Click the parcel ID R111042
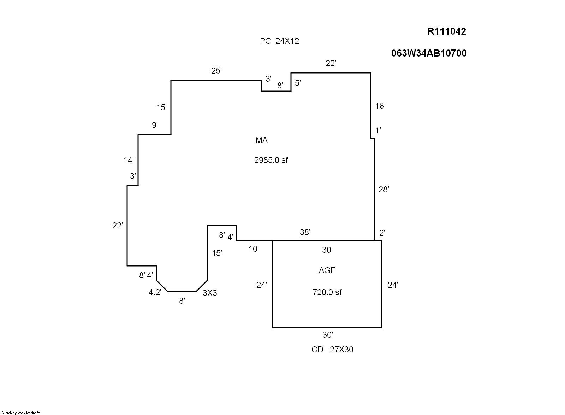446,31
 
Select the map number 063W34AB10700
429,53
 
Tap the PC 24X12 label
279,41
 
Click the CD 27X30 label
332,350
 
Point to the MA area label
262,141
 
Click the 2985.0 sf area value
271,160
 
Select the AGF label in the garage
327,270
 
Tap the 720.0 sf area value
327,292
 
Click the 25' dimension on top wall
216,71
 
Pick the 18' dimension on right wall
380,106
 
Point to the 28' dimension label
383,190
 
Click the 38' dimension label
305,232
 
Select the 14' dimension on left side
129,160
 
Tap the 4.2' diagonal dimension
155,292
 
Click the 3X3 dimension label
210,293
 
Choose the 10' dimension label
254,249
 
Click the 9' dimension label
155,125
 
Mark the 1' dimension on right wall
378,130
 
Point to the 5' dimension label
298,83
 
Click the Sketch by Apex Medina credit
21,413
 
